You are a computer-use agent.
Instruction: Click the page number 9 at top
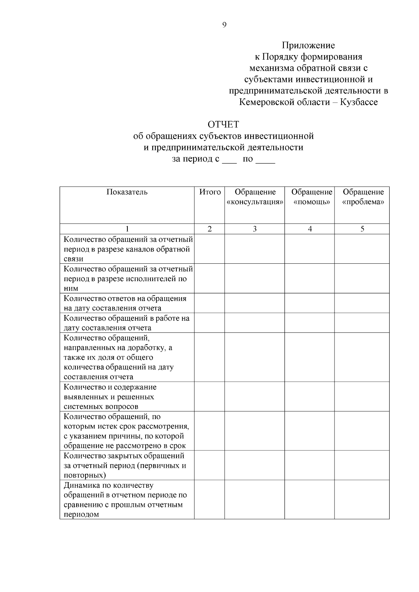(224, 25)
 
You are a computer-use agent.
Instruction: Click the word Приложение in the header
(308, 45)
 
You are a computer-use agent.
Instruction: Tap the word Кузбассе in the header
(359, 102)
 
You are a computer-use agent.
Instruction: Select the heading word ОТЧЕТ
(223, 125)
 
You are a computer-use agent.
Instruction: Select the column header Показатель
(127, 192)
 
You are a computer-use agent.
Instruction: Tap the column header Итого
(210, 192)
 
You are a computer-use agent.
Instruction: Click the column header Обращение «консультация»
(255, 197)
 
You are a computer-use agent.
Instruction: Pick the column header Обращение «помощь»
(311, 197)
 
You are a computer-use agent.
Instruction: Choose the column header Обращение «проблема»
(363, 197)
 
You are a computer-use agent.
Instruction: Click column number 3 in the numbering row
(255, 229)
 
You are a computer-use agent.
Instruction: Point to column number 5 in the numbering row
(362, 229)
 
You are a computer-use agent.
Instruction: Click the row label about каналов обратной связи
(127, 249)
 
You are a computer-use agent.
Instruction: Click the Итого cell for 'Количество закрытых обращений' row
(209, 465)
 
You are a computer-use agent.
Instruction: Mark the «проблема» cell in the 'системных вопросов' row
(362, 397)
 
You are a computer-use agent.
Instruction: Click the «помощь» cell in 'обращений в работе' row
(310, 323)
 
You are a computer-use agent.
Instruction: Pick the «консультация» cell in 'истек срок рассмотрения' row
(255, 431)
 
